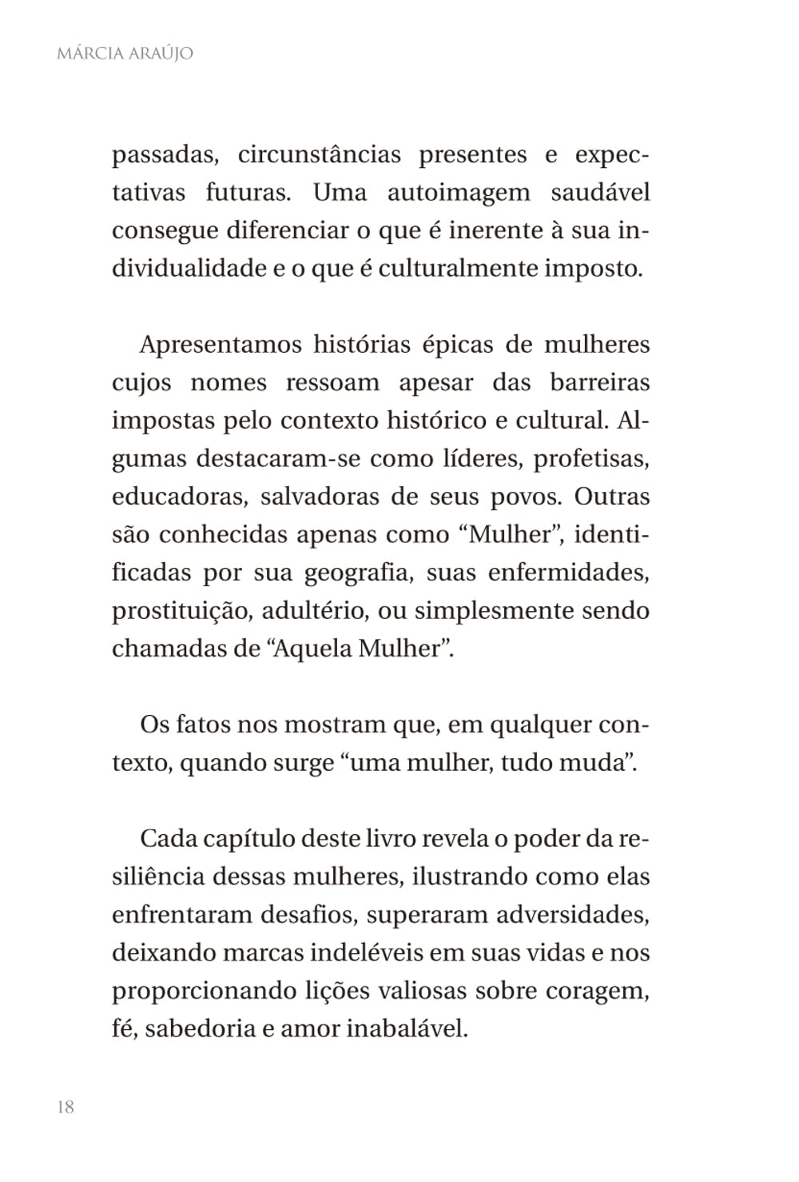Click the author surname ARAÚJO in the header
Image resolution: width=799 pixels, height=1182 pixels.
coord(158,54)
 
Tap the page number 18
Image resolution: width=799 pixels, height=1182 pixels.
coord(66,1107)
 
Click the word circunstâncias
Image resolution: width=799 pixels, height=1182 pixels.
coord(319,154)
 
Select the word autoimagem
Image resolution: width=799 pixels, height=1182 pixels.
coord(458,193)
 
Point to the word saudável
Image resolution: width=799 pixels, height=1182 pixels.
coord(600,193)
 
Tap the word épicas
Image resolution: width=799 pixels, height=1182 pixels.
coord(455,345)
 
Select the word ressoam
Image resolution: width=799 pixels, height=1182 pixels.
coord(332,382)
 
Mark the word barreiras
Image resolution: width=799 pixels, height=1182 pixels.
coord(599,382)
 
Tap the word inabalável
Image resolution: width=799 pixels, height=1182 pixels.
coord(407,1028)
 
